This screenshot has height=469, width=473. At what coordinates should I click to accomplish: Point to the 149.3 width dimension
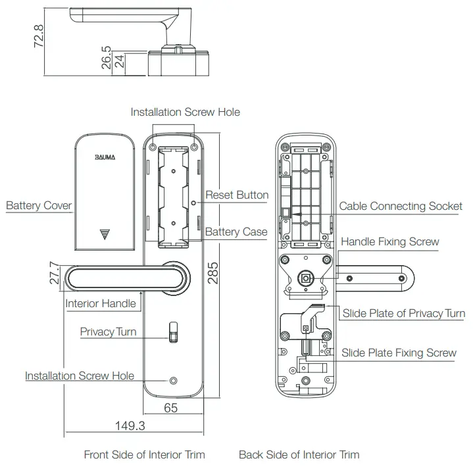tap(130, 426)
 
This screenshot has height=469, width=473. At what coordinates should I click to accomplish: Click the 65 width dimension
tap(170, 408)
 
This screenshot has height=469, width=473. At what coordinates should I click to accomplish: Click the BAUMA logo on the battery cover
tap(105, 158)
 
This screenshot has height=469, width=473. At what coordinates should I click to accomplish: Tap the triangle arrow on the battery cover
tap(105, 234)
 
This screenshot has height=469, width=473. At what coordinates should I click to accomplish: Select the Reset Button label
tap(237, 195)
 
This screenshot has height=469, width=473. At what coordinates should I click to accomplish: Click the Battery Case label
tap(236, 232)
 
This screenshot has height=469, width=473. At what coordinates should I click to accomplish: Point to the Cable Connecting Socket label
tap(400, 206)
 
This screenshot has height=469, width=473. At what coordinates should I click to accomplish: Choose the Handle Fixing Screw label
tap(389, 241)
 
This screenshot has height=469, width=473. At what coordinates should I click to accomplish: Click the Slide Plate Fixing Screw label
tap(399, 353)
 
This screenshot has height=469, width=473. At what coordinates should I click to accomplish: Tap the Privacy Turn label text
tap(108, 332)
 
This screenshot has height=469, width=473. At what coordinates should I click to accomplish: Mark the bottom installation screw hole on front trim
tap(173, 382)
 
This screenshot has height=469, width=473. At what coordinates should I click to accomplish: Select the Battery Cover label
tap(39, 205)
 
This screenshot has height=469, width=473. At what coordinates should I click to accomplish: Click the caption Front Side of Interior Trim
tap(144, 455)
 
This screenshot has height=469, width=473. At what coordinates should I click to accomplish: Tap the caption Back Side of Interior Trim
tap(299, 455)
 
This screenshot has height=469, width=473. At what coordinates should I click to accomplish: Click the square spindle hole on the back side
tap(305, 278)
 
